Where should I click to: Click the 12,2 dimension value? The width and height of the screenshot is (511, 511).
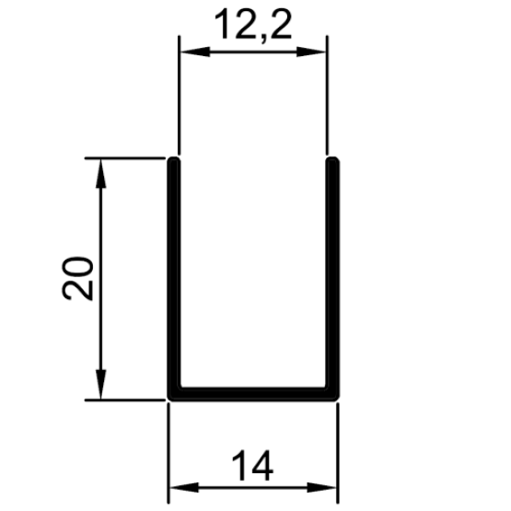tap(253, 25)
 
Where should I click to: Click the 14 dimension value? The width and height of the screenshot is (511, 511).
tap(252, 465)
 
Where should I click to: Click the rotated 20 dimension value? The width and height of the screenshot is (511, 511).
tap(77, 278)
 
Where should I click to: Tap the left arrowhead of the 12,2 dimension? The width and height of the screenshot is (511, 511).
tap(195, 52)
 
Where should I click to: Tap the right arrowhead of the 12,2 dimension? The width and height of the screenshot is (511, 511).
tap(311, 52)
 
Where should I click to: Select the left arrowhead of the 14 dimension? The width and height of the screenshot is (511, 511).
tap(184, 488)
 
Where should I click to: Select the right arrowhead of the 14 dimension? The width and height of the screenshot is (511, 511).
tap(321, 488)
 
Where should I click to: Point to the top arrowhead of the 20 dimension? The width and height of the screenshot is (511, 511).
tap(100, 174)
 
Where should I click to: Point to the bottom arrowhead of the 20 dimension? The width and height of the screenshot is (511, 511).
tap(100, 384)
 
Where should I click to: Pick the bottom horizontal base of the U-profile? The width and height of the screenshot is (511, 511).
tap(253, 394)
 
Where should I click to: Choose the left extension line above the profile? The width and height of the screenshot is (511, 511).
tap(179, 95)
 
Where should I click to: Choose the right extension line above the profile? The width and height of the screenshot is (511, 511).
tap(327, 95)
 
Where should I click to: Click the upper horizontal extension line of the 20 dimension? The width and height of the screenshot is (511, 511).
tap(125, 158)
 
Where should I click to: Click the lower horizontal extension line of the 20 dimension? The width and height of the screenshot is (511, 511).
tap(125, 400)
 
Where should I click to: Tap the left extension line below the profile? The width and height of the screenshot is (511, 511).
tap(168, 453)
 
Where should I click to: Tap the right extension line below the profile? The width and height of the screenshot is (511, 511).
tap(338, 453)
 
